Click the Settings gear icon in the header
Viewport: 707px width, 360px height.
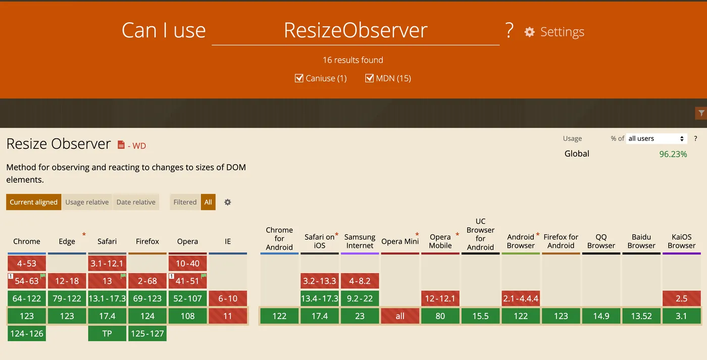click(529, 32)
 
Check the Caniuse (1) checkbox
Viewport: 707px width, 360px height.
click(298, 78)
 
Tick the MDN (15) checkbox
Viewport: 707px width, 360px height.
click(369, 78)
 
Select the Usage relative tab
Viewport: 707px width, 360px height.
click(87, 202)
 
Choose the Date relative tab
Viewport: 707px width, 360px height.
click(136, 202)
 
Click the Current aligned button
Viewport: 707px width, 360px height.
click(33, 202)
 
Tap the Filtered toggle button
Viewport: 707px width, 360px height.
click(185, 202)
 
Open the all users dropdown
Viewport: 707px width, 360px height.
click(656, 138)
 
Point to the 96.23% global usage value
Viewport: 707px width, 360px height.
click(673, 154)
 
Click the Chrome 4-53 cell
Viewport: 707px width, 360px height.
click(26, 263)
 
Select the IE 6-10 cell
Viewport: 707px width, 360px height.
click(228, 298)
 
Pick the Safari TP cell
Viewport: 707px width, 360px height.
click(107, 334)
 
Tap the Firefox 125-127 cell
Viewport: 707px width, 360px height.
click(147, 334)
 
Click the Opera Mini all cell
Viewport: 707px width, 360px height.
click(400, 316)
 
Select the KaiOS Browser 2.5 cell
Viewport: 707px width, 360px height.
click(681, 298)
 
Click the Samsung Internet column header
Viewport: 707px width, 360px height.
click(360, 241)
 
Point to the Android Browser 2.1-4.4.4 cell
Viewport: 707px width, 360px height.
click(521, 298)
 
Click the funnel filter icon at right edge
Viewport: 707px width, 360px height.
click(701, 113)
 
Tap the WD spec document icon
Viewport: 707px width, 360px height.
click(121, 144)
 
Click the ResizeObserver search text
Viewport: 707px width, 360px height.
click(356, 30)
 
